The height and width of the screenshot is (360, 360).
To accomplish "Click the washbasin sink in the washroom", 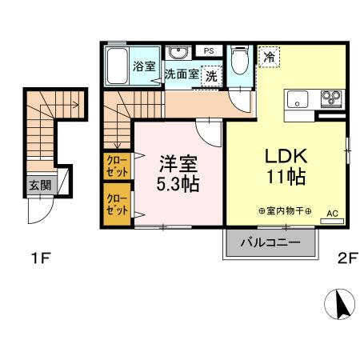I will point(177,53).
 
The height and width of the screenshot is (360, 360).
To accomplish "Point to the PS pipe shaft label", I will point(210,51).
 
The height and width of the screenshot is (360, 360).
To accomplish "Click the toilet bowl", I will point(238,60).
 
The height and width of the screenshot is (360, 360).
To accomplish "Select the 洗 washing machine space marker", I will point(212,77).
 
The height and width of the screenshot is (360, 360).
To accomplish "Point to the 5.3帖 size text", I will point(178,183).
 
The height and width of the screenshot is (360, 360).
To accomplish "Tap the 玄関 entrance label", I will point(39,185).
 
